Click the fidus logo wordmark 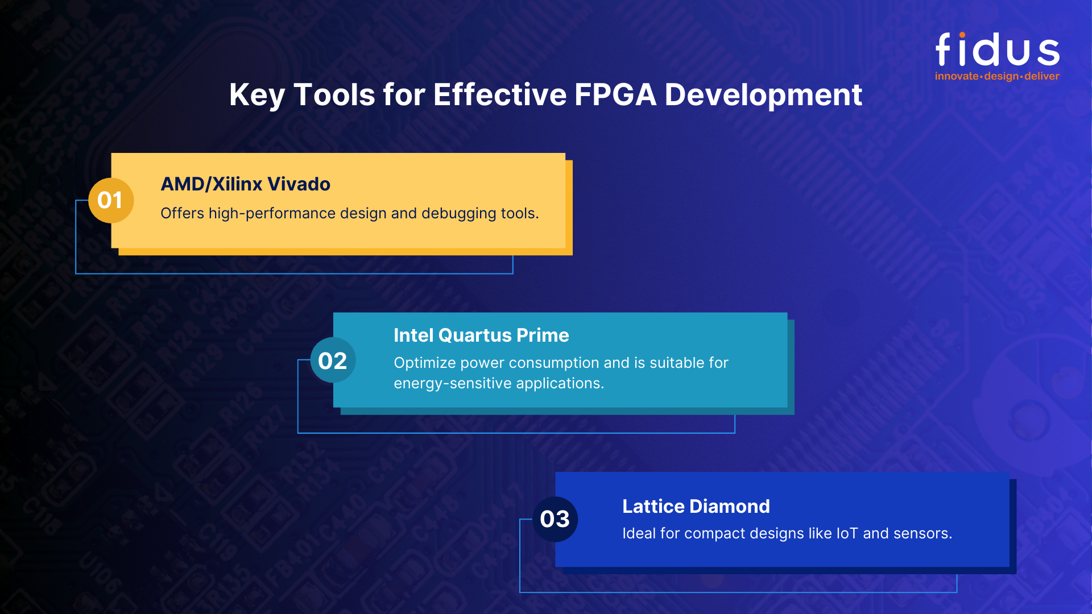(x=998, y=50)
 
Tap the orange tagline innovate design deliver (x=997, y=76)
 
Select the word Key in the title (x=257, y=94)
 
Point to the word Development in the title (x=763, y=94)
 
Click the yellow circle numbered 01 (x=110, y=200)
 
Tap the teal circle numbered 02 (x=333, y=360)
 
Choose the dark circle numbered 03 (x=555, y=519)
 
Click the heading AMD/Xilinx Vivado (x=245, y=184)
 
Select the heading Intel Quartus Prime (x=481, y=335)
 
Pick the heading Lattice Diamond (x=696, y=506)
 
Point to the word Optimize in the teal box (x=424, y=363)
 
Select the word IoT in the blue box (x=847, y=533)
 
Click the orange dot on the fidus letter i (x=962, y=35)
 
